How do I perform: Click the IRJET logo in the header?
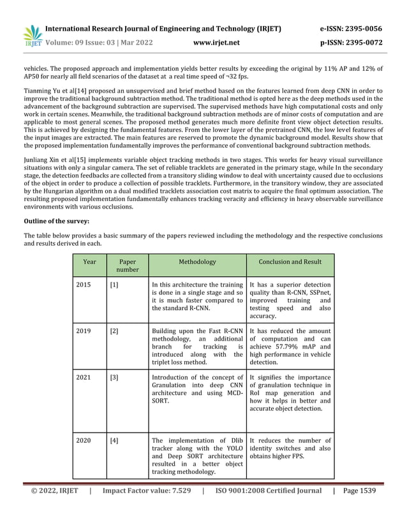[x=33, y=36]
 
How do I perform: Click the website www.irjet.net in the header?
[x=216, y=43]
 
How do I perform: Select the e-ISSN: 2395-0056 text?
[x=351, y=29]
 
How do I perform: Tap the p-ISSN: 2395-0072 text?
[x=351, y=43]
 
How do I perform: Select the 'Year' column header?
[x=89, y=262]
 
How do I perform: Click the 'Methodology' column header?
[x=197, y=262]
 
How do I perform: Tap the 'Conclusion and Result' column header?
[x=290, y=262]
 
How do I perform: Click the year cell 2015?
[x=84, y=285]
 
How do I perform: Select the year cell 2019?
[x=84, y=331]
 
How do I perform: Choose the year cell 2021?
[x=84, y=378]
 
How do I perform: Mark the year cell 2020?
[x=84, y=440]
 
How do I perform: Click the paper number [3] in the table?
[x=114, y=378]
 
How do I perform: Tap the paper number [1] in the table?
[x=114, y=285]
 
